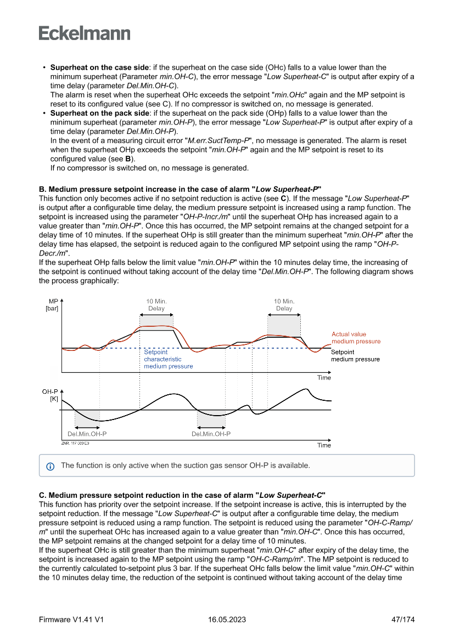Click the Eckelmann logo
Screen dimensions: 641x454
[85, 33]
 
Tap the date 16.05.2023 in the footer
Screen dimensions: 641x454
[227, 620]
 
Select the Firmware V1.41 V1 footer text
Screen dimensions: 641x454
[71, 620]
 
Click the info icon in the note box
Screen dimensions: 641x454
[51, 466]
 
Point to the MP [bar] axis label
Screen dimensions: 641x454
[53, 305]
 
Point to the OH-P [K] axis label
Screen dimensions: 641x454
[51, 395]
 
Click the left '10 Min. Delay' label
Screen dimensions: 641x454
[156, 305]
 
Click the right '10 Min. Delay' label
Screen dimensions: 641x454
[284, 305]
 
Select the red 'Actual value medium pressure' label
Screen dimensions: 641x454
[356, 338]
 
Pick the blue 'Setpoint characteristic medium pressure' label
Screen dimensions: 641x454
[168, 359]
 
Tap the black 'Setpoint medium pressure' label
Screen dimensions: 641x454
[355, 356]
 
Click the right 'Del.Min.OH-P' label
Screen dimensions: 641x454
[211, 434]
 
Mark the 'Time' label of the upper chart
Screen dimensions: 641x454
[324, 378]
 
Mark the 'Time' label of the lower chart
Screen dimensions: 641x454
[324, 445]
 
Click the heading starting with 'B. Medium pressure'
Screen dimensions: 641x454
[180, 189]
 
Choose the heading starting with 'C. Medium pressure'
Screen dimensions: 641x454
[183, 496]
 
